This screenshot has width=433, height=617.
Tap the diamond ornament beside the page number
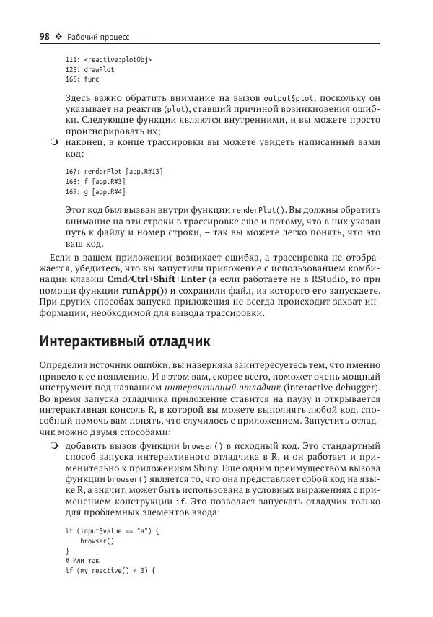(x=59, y=37)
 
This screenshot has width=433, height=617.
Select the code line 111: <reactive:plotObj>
(x=108, y=60)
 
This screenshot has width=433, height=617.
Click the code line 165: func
(x=82, y=80)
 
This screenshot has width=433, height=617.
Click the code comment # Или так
(x=85, y=559)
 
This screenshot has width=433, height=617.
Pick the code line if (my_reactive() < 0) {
(x=110, y=569)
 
